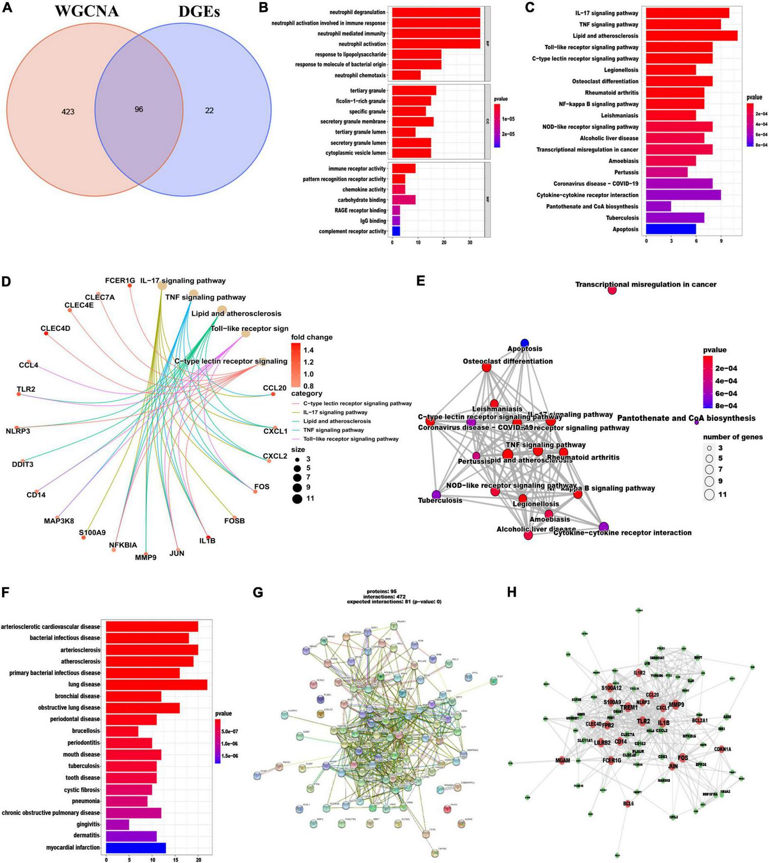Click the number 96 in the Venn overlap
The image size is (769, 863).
(x=139, y=110)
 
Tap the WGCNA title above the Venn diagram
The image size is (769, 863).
(x=86, y=11)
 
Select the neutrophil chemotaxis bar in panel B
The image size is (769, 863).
(x=406, y=75)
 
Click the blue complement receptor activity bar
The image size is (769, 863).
(x=396, y=231)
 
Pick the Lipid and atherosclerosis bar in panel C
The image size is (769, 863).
(x=692, y=36)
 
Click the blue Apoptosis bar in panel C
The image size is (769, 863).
(x=671, y=229)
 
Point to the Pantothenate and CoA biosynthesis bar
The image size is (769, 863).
(x=658, y=206)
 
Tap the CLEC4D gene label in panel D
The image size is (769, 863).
(x=56, y=328)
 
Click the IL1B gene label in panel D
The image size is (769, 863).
(x=207, y=541)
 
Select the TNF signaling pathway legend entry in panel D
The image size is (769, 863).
(x=333, y=430)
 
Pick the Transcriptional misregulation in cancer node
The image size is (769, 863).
(x=612, y=290)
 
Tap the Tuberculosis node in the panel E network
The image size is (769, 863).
(x=436, y=494)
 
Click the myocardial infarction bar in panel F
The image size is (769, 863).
(x=136, y=847)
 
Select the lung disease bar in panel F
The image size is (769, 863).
(x=156, y=684)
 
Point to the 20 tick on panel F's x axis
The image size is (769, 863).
(x=198, y=860)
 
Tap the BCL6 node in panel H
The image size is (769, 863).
(x=628, y=804)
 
